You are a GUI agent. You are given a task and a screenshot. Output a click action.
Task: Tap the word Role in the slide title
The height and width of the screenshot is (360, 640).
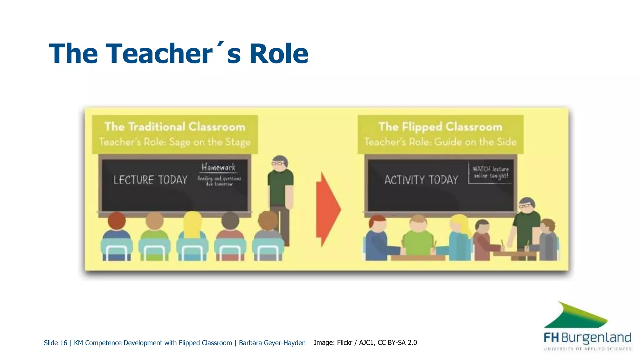point(278,54)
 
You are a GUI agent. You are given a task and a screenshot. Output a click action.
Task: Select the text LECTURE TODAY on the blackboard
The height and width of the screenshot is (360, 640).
point(150,180)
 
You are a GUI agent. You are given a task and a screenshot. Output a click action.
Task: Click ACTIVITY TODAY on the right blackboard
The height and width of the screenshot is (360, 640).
point(421,180)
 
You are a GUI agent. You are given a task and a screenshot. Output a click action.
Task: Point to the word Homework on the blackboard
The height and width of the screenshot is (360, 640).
point(218,167)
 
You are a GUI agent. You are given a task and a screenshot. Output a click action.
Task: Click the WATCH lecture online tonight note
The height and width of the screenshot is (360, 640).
point(490,172)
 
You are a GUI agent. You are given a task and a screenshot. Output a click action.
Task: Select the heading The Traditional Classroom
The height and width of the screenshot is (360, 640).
point(175,127)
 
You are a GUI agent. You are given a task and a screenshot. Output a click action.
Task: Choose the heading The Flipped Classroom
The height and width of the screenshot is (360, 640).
point(440,127)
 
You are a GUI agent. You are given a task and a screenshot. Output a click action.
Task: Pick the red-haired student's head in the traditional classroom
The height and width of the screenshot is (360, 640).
point(117,221)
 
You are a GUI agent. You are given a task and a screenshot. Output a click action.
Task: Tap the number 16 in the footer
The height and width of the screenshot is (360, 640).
point(63,343)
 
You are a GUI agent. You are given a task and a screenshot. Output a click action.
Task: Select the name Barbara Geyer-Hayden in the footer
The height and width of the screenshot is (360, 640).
point(272,343)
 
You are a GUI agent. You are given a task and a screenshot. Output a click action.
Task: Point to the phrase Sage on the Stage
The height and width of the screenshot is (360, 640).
point(210,142)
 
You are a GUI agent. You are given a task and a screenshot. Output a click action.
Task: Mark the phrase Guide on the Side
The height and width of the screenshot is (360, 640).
point(475,142)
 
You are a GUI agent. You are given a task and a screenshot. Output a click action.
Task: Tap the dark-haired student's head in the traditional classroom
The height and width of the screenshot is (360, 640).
point(230,221)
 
